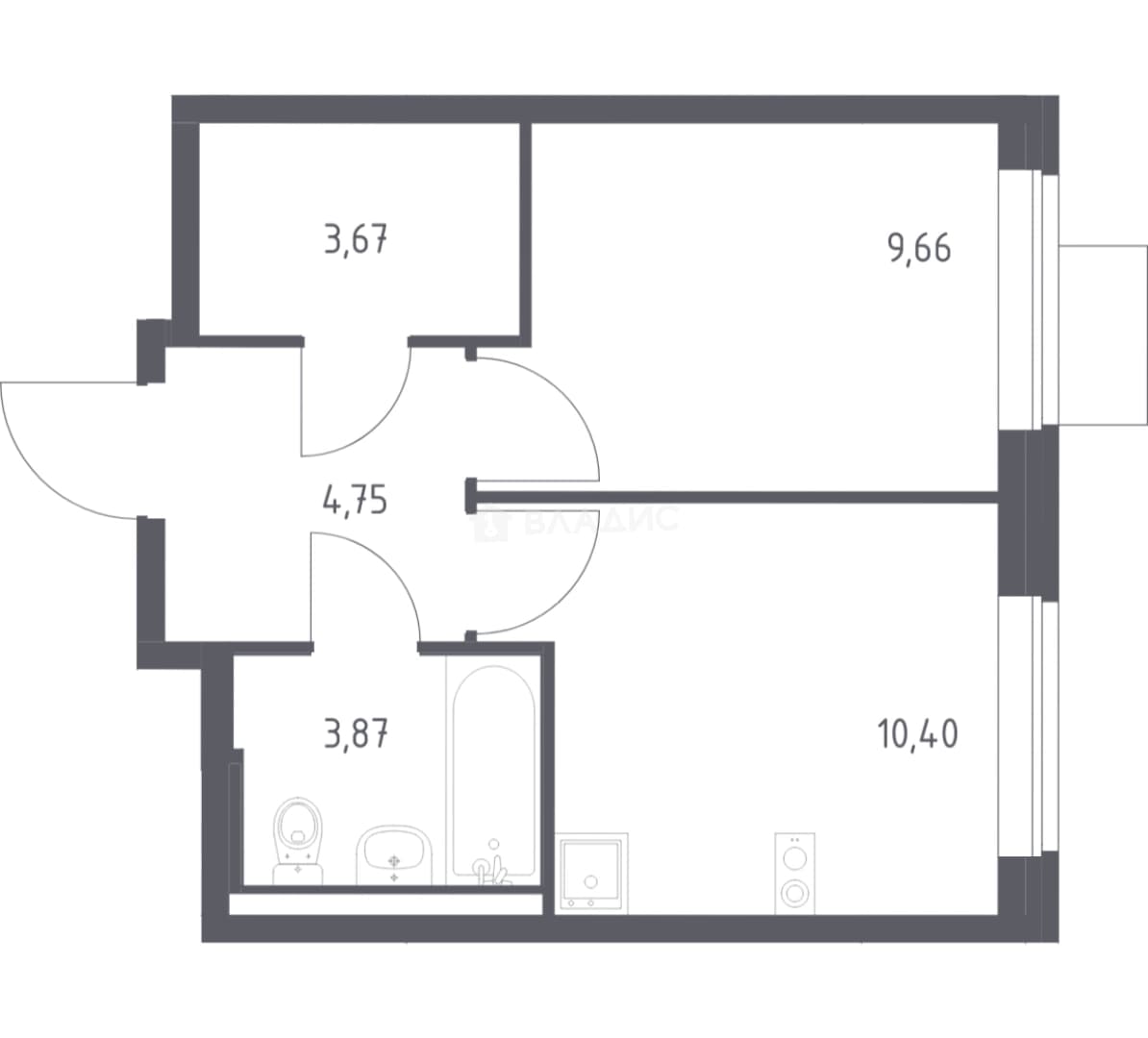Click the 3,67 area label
[356, 239]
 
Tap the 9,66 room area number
[919, 248]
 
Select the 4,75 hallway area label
[355, 501]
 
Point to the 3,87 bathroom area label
[356, 733]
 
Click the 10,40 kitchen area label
[917, 733]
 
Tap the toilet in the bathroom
[297, 840]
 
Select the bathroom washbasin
[394, 855]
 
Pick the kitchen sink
[591, 874]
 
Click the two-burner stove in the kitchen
[795, 874]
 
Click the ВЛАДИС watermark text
[600, 521]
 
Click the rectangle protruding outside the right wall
[1103, 334]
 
